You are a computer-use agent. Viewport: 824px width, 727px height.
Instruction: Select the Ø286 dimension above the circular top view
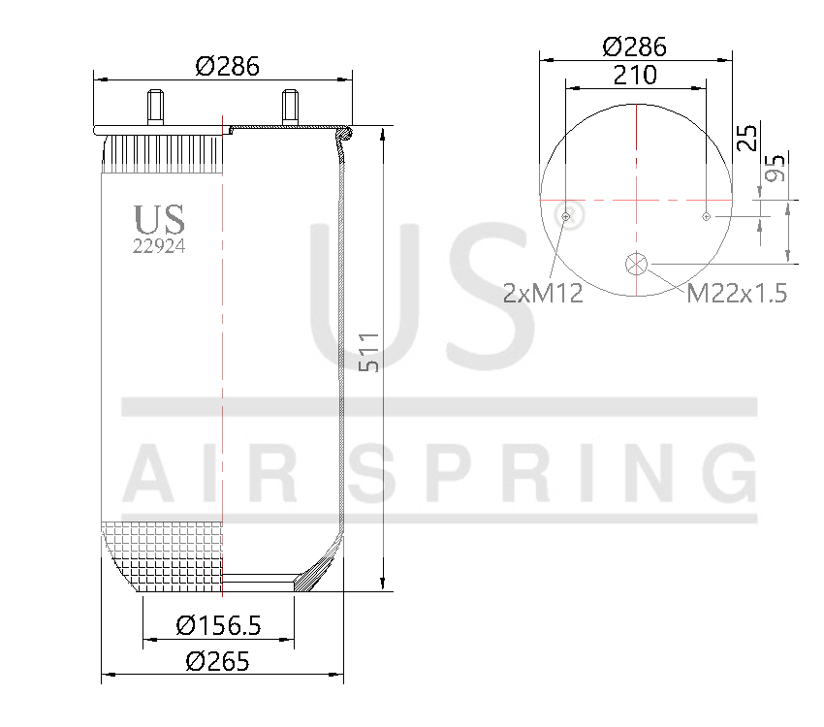pos(635,47)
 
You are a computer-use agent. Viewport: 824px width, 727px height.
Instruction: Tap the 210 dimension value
pos(635,75)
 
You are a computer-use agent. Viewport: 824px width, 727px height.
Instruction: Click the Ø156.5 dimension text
pos(218,626)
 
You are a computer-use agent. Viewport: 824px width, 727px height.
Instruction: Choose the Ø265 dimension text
pos(218,662)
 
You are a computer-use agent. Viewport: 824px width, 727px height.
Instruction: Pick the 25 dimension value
pos(745,138)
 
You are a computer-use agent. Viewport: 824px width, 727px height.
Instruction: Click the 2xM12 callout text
pos(543,293)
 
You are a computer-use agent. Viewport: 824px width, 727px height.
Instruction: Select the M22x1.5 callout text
pos(737,293)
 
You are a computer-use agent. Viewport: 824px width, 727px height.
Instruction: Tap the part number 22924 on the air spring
pos(159,245)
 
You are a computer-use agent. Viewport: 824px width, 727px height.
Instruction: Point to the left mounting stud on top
pos(154,107)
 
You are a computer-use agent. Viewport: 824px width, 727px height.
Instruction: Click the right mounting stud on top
pos(288,107)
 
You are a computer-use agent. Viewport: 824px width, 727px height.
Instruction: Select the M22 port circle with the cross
pos(636,263)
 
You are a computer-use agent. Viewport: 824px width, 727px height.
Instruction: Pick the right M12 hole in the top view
pos(707,215)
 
